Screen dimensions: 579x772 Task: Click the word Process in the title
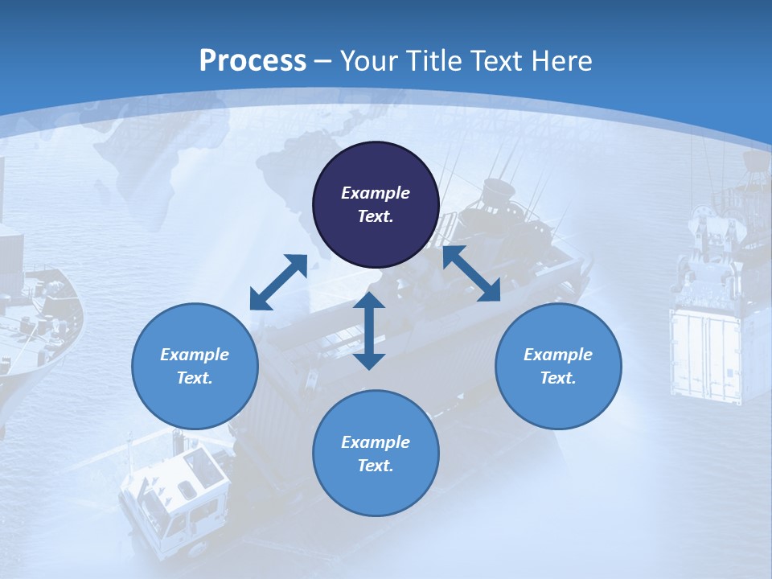[253, 60]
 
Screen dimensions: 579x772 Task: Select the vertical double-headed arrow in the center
[369, 331]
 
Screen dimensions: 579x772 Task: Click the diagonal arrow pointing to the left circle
[278, 282]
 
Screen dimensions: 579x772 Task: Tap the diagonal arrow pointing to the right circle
[471, 273]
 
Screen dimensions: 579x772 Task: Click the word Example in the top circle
[376, 193]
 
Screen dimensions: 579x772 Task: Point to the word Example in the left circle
[195, 355]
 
